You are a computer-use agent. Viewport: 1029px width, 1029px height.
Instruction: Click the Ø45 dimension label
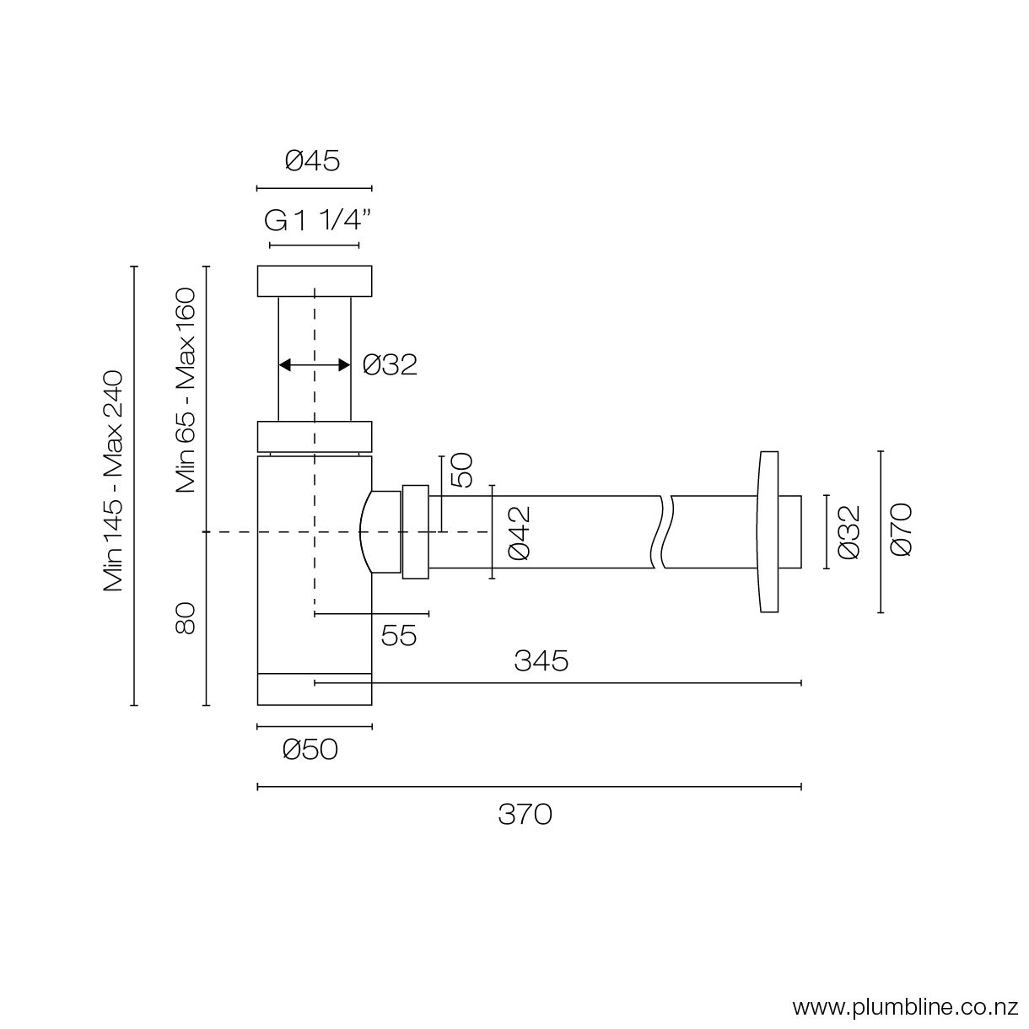[x=312, y=159]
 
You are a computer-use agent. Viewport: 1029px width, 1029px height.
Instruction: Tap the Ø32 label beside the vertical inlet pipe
[x=390, y=364]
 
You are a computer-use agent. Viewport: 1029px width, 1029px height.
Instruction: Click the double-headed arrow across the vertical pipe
[x=314, y=364]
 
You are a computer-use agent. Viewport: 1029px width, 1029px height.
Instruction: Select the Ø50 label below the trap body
[x=310, y=749]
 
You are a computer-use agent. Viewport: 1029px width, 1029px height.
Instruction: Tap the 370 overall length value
[x=525, y=814]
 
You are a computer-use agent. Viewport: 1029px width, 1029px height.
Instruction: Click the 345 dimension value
[x=541, y=660]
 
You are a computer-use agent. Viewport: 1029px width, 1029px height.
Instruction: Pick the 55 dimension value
[x=399, y=635]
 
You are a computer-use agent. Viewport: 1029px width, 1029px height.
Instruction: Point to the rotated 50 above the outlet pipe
[x=461, y=471]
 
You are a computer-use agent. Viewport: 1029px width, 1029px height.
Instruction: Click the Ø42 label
[x=518, y=532]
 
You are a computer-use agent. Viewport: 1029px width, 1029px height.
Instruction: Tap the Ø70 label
[x=901, y=530]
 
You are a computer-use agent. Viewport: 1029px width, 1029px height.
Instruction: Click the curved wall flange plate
[x=768, y=532]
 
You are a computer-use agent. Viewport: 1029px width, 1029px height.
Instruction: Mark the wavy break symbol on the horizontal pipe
[x=664, y=532]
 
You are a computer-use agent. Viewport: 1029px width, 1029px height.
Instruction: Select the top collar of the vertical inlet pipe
[x=314, y=281]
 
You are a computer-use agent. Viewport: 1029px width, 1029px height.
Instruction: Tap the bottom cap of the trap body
[x=314, y=689]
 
